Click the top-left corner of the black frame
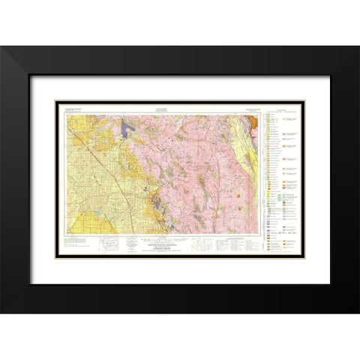[x=2, y=47]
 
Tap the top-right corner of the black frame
[x=358, y=47]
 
